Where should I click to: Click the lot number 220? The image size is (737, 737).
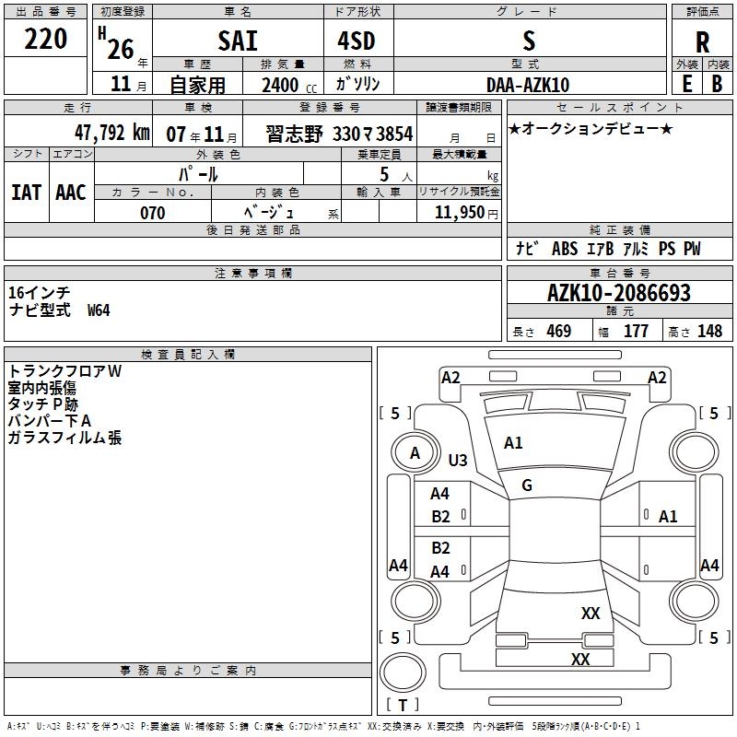46,40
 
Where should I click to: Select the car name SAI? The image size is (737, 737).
238,41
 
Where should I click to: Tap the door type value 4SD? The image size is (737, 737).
358,41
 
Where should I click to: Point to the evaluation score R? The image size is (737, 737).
703,42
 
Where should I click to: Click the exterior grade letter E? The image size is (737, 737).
686,83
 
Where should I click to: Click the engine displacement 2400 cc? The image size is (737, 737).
287,85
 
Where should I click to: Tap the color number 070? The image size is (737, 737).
152,213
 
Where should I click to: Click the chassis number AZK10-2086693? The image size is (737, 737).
618,294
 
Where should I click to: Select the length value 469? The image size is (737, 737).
558,332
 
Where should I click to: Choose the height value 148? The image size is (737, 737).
709,332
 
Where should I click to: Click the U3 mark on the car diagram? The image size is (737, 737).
458,460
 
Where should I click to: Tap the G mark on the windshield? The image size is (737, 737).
527,485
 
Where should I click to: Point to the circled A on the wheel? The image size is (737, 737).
415,452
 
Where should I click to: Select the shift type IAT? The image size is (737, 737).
26,192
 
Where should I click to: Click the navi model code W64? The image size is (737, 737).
99,310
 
